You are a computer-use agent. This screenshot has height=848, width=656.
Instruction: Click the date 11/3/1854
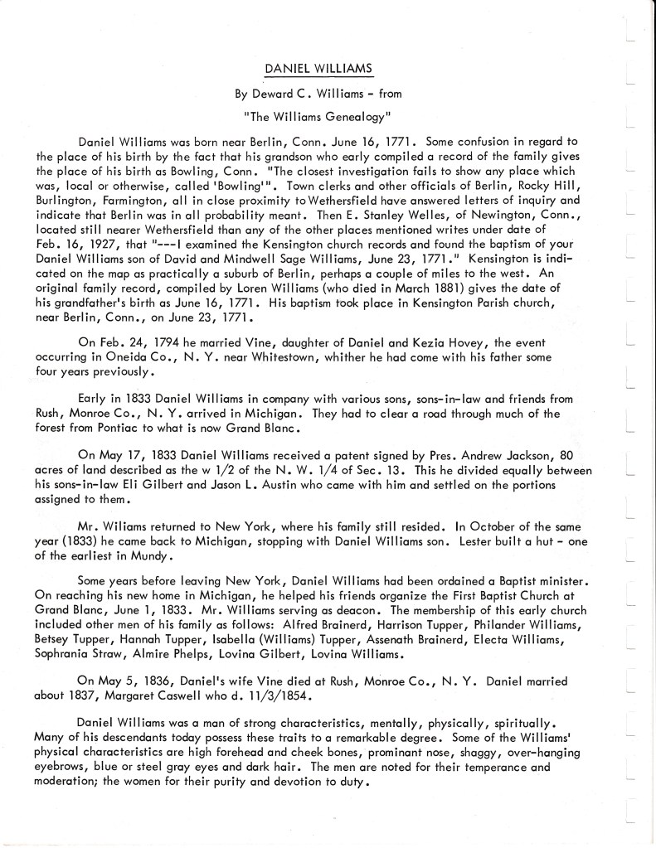(x=315, y=696)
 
